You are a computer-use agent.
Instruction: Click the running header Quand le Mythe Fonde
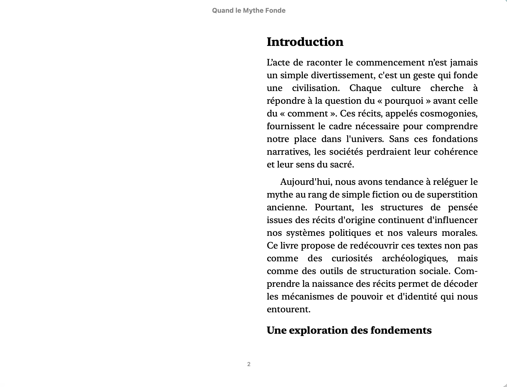(249, 10)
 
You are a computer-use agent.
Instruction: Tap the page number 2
(249, 364)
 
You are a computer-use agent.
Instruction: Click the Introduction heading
(305, 42)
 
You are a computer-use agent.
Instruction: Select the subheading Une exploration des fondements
(349, 330)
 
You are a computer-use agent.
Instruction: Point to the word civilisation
(316, 88)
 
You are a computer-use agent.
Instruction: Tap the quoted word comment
(308, 113)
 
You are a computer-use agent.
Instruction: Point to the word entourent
(288, 309)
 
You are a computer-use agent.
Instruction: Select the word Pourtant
(334, 207)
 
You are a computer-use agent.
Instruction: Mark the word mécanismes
(308, 296)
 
